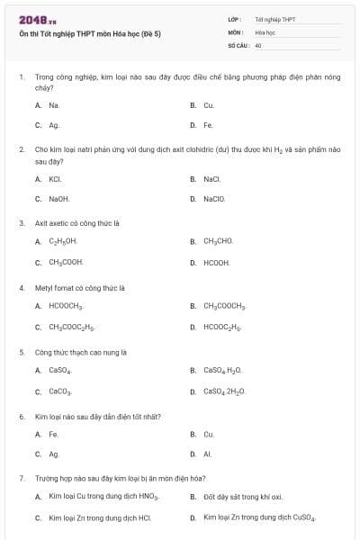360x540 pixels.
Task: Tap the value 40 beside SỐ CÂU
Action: (258, 44)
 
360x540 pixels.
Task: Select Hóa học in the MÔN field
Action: (265, 31)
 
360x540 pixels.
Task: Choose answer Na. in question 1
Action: (54, 105)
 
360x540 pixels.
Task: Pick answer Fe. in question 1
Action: (208, 125)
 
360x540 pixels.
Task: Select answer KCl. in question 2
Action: (54, 179)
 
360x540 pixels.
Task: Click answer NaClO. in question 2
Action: (213, 199)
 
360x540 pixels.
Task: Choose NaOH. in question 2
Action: (59, 199)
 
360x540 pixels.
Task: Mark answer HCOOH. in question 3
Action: (217, 263)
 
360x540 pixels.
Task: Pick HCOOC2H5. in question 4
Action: (221, 328)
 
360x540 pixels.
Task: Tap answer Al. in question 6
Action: (207, 454)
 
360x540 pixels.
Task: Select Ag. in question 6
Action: (54, 454)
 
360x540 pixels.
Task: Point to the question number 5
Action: (22, 352)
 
